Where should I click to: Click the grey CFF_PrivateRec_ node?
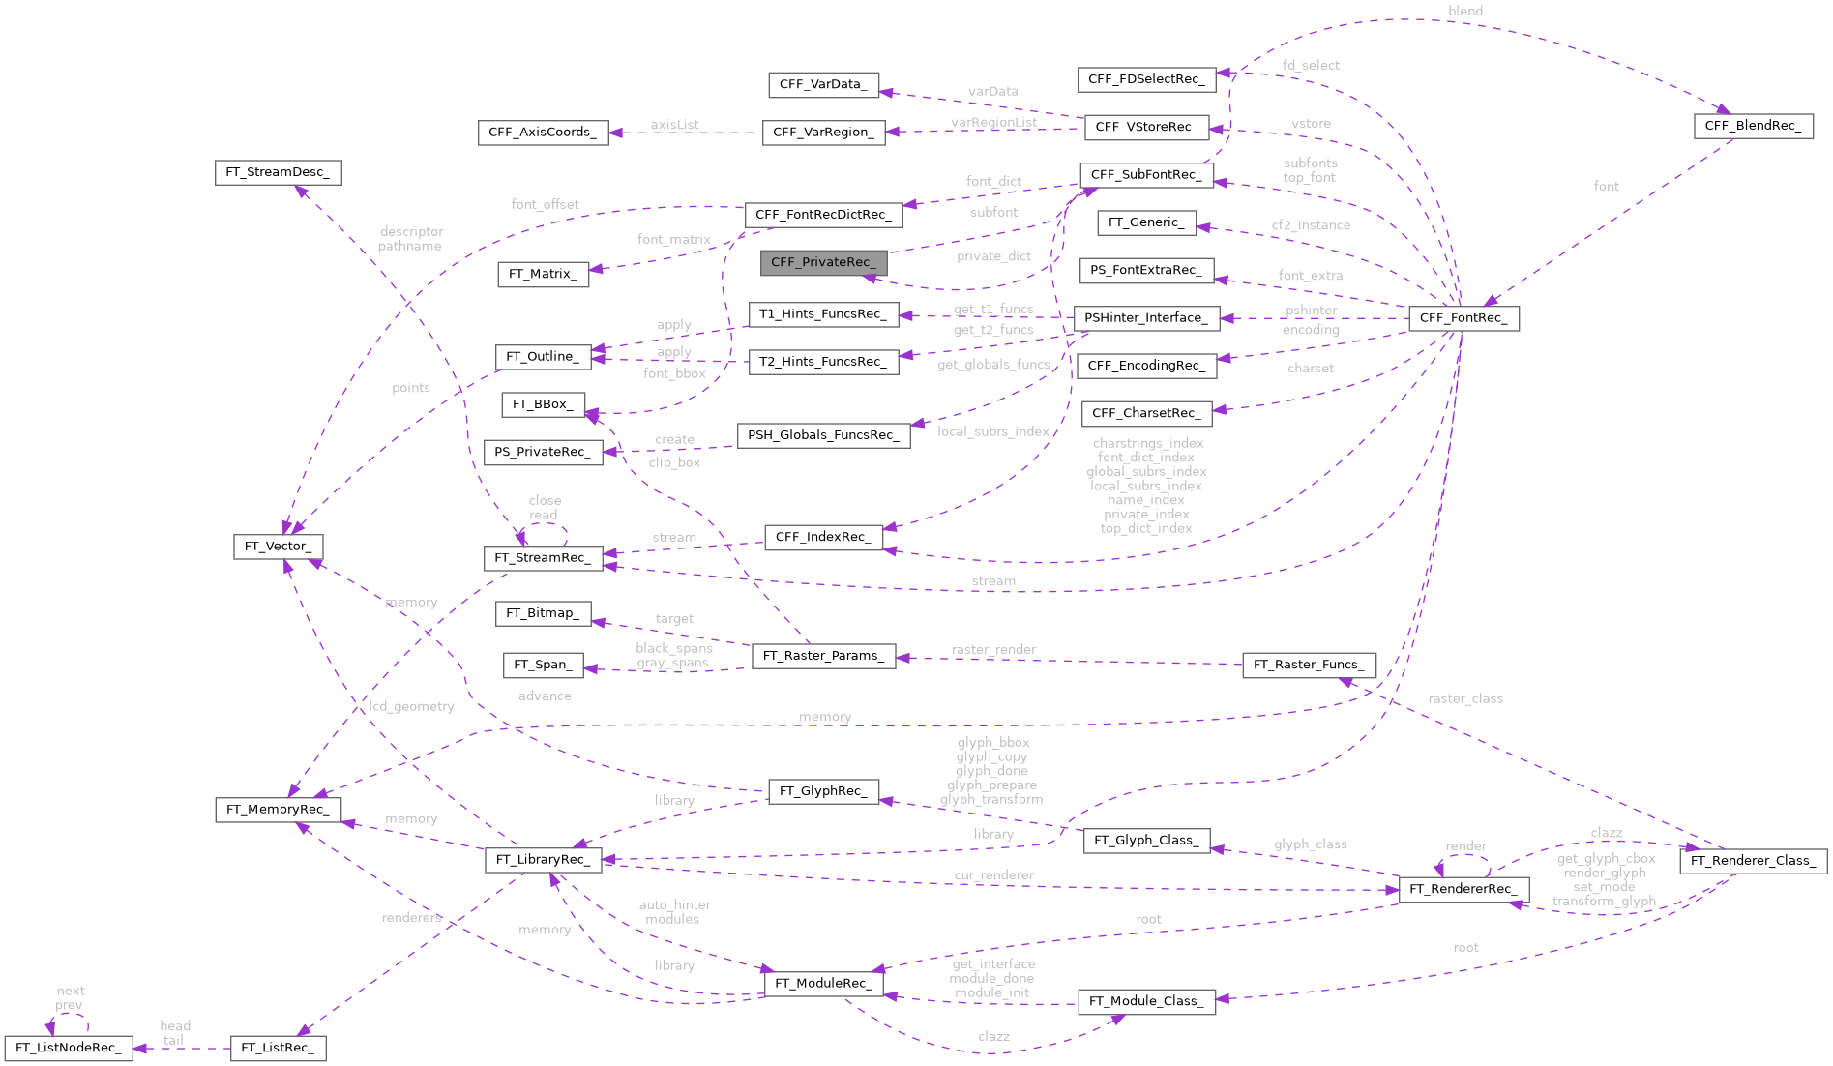[823, 262]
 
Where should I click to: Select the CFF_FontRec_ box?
[1463, 318]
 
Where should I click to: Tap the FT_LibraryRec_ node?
[543, 859]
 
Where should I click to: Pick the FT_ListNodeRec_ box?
[68, 1048]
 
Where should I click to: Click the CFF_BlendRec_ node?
[1753, 126]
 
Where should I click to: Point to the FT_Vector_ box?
[278, 547]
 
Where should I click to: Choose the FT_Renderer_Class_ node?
[1753, 860]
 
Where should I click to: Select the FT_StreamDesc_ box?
[278, 172]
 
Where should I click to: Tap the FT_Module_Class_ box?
[1146, 1001]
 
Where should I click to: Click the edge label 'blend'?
[1465, 11]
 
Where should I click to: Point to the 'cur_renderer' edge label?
[993, 875]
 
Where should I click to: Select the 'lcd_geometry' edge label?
[411, 706]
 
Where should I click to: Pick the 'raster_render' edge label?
[993, 649]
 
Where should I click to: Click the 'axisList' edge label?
[674, 125]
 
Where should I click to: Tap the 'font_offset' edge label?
[545, 204]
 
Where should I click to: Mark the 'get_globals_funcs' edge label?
[993, 365]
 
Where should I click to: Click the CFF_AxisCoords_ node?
[543, 133]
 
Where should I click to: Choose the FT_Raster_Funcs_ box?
[1309, 665]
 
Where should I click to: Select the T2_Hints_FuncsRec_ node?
[823, 362]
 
